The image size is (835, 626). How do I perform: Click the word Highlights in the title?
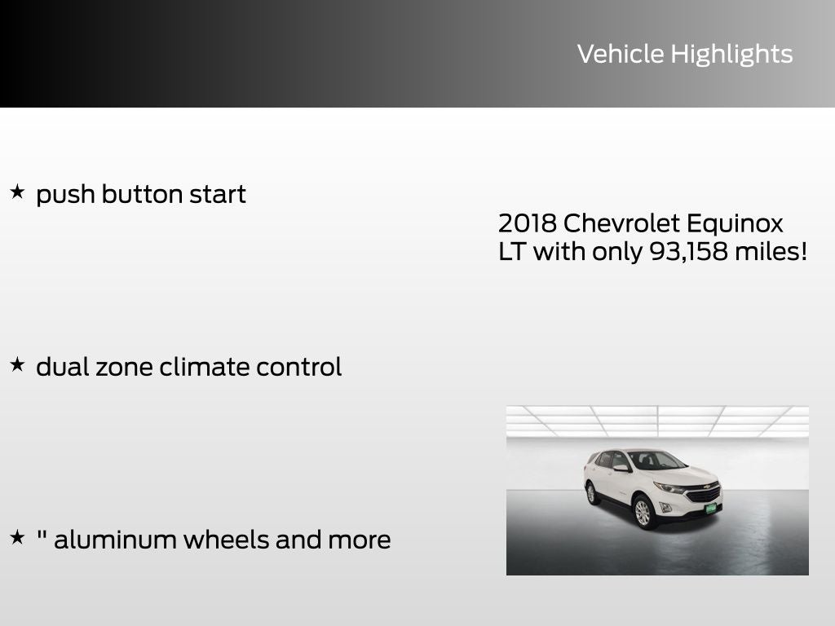coord(731,55)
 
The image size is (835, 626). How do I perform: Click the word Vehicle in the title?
coord(620,54)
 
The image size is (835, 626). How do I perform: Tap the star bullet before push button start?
coord(17,192)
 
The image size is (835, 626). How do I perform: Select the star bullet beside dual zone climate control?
coord(17,365)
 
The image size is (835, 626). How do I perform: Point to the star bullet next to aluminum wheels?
coord(17,538)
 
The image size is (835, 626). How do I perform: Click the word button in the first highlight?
coord(142,195)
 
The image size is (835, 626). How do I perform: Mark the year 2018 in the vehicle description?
coord(527,223)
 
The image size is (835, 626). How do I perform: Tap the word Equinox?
coord(735,223)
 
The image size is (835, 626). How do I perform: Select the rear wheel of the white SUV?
coord(591,492)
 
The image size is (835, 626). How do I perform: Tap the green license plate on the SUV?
coord(710,507)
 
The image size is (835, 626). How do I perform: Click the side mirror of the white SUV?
coord(621,468)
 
